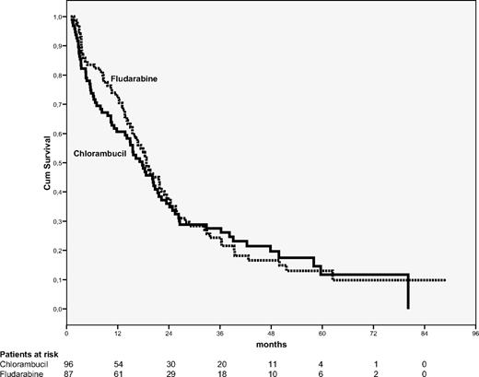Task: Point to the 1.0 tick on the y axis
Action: pos(59,18)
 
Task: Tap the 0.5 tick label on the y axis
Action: pos(59,163)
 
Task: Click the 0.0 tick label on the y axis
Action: pos(59,309)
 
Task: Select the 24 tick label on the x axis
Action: pos(169,327)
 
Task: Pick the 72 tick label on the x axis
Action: pos(373,327)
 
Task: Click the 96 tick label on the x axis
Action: pos(474,327)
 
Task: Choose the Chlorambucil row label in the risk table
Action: pos(26,362)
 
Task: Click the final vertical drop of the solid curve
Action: pos(408,292)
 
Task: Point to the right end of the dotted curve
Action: pos(445,280)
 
